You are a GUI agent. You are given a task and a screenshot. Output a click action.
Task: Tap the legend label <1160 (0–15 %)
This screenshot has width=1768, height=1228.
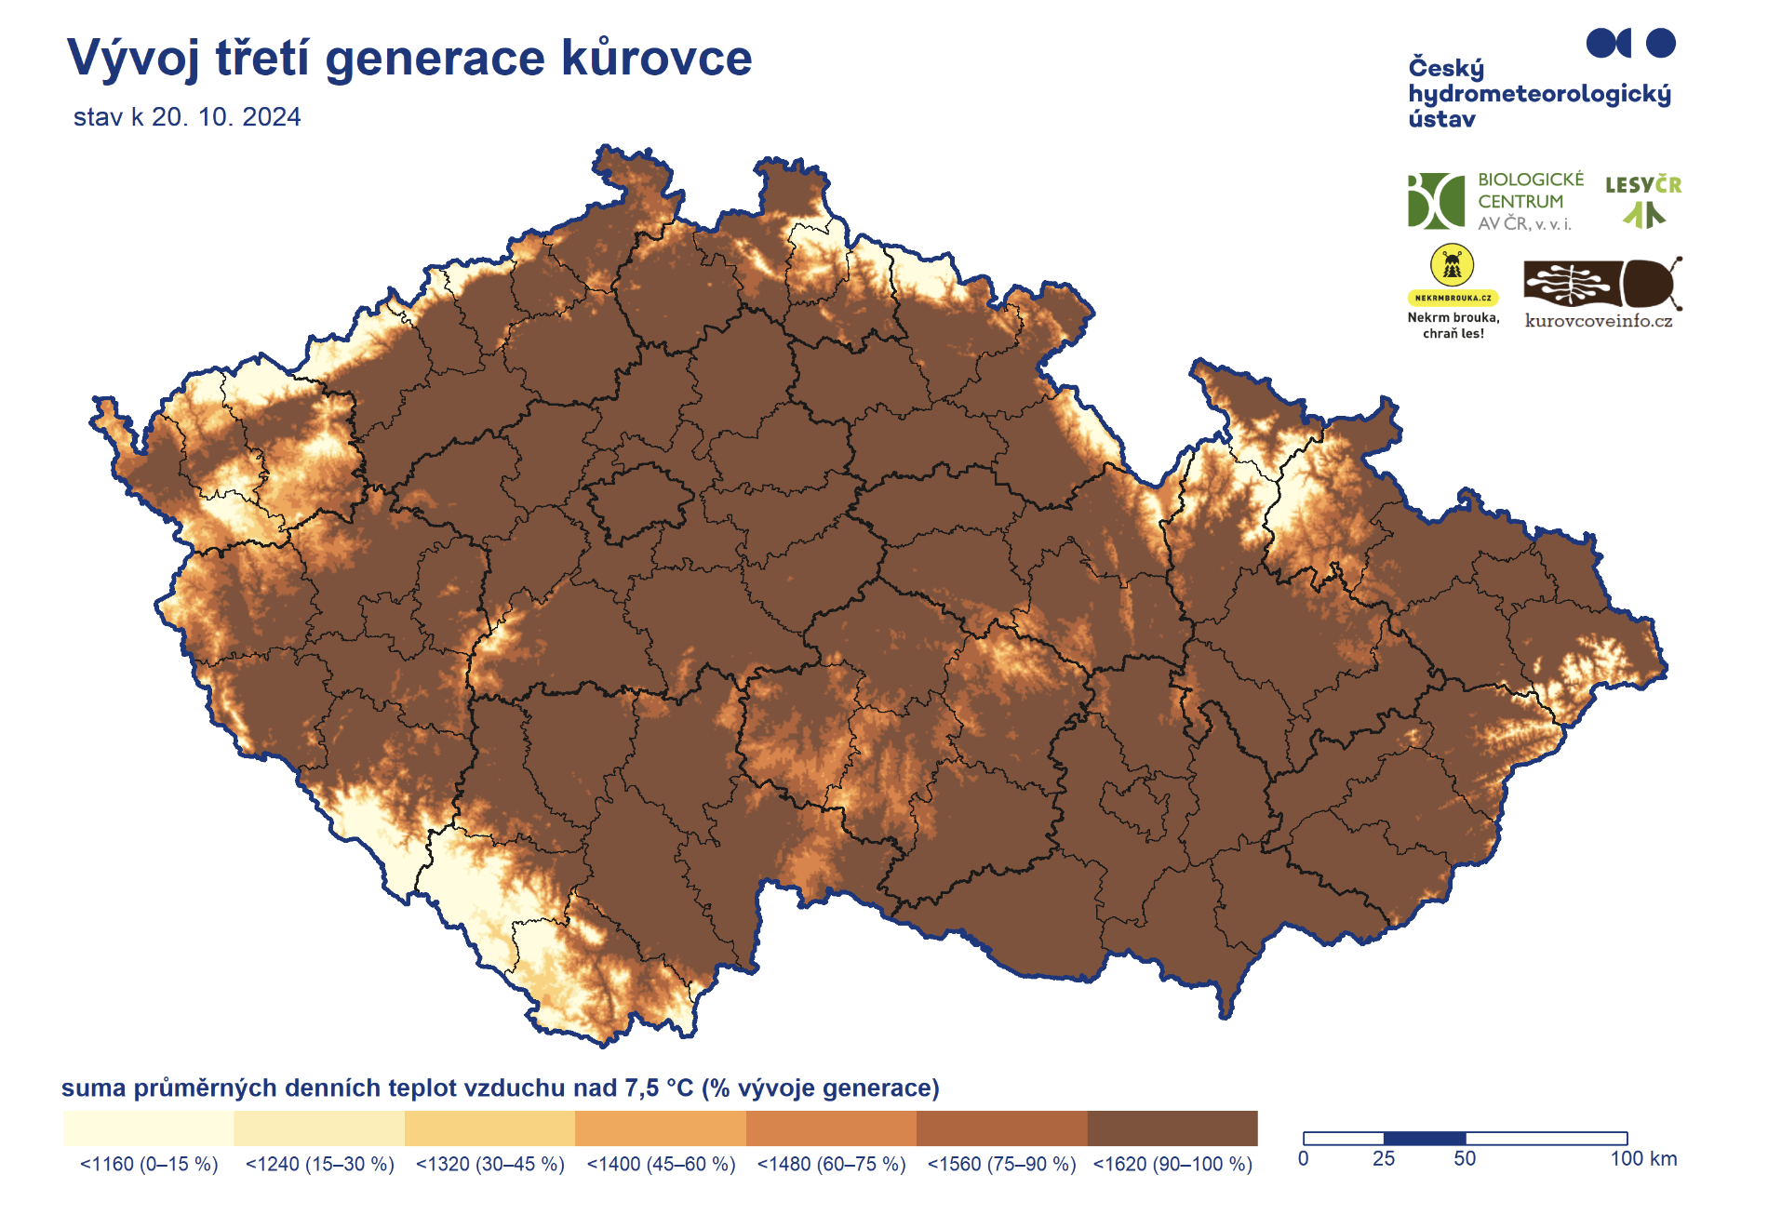click(149, 1164)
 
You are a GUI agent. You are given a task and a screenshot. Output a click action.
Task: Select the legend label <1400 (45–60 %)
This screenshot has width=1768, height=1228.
click(661, 1164)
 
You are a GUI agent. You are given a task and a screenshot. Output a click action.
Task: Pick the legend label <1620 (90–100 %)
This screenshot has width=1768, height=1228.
click(1172, 1164)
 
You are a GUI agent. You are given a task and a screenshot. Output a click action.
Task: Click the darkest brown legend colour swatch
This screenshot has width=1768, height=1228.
click(1172, 1128)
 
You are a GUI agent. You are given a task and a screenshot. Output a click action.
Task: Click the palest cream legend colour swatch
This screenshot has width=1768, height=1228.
click(149, 1128)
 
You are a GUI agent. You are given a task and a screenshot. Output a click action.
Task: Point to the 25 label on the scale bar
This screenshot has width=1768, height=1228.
click(1384, 1159)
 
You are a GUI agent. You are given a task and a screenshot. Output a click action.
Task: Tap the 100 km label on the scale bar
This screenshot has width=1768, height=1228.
click(1643, 1159)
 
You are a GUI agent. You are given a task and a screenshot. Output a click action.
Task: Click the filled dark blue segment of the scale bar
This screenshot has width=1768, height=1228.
click(1425, 1138)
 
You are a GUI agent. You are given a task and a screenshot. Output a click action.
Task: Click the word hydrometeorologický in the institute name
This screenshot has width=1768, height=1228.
click(1539, 94)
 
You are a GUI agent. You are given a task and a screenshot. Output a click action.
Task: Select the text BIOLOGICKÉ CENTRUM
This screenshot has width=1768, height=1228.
click(1530, 190)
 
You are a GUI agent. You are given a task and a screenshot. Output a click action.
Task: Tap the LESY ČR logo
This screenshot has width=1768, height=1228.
click(1643, 199)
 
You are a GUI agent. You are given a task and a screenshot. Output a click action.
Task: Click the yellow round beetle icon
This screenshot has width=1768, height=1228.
click(1453, 266)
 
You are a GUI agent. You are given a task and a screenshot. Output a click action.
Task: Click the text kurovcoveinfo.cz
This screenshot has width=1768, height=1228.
click(1598, 321)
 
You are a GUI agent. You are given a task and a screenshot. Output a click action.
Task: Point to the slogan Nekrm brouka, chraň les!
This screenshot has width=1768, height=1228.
click(1453, 325)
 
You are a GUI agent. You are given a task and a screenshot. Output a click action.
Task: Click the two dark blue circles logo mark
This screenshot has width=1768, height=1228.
click(1630, 43)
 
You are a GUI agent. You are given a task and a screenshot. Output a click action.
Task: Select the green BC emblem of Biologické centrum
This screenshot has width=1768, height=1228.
click(1436, 200)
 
